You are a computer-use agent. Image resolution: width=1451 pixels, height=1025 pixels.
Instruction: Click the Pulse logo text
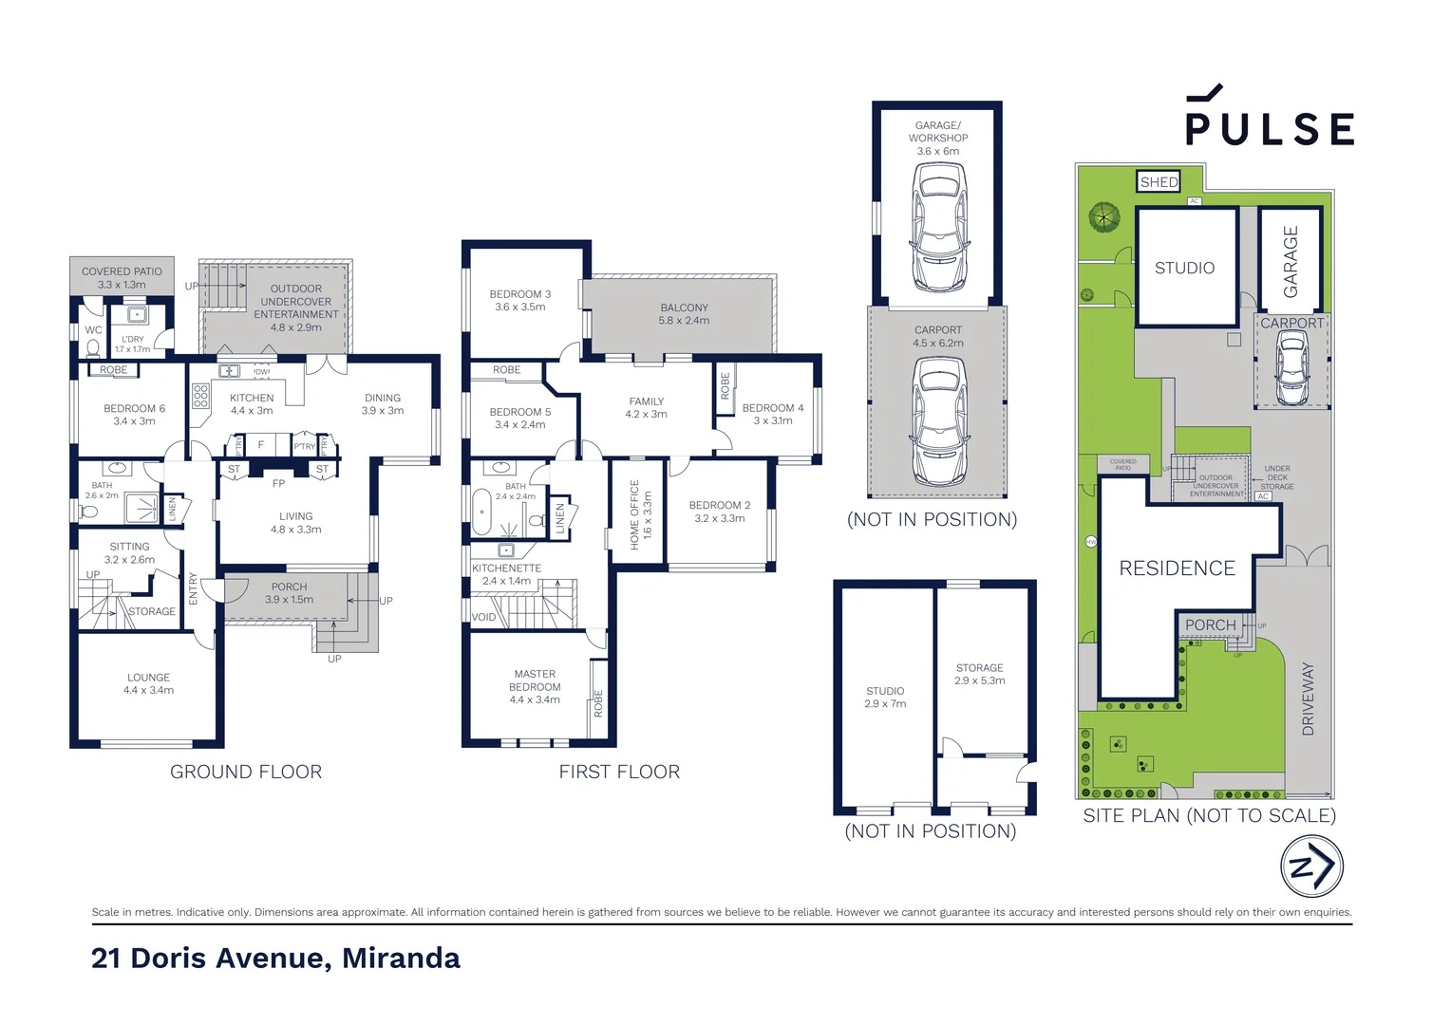coord(1270,128)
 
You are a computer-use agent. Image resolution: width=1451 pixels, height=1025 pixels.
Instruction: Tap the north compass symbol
coord(1311,866)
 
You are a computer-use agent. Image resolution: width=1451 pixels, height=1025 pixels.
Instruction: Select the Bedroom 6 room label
coord(134,415)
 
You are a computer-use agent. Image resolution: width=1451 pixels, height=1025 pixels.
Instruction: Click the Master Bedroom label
coord(535,686)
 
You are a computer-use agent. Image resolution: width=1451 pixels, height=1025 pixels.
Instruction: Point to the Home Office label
coord(640,514)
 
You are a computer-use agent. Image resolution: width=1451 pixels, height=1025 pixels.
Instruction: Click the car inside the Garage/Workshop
coord(938,228)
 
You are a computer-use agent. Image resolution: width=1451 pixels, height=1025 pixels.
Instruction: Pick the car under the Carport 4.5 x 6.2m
coord(938,421)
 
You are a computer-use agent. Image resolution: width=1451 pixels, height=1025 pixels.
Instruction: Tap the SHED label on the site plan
coord(1159,181)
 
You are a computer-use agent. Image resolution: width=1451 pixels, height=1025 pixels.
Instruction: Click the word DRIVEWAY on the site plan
coord(1308,699)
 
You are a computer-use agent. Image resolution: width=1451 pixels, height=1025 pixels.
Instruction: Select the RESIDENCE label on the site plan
coord(1177,568)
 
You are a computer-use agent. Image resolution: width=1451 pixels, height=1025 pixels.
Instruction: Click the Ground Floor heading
coord(246,772)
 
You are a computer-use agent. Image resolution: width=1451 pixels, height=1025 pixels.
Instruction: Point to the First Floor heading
coord(619,772)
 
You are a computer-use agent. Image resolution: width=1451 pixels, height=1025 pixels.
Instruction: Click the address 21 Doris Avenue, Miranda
coord(275,958)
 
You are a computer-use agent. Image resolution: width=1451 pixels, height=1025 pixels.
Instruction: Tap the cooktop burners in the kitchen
coord(200,396)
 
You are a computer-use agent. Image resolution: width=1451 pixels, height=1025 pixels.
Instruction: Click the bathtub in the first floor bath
coord(481,512)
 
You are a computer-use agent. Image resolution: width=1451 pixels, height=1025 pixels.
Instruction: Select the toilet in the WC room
coord(93,348)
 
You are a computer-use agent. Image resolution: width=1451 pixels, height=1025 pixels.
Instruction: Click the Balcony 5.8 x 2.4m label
coord(684,314)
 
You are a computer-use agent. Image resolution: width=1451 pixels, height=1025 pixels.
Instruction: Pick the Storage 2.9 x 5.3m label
coord(979,674)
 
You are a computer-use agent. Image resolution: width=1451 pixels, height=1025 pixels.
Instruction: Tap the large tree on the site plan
coord(1103,217)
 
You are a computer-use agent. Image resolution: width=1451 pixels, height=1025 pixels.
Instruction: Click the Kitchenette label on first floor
coord(506,574)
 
